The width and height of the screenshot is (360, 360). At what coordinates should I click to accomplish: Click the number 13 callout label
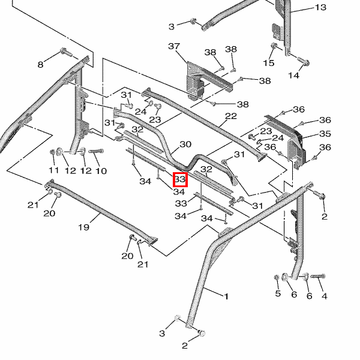(x=320, y=8)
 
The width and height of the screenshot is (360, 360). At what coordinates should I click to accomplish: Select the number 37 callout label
(x=174, y=46)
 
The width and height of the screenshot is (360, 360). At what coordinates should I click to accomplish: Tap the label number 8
(x=41, y=64)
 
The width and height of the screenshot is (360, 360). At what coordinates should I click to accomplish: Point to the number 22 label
(x=231, y=116)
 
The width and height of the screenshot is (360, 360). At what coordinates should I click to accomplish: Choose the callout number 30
(x=185, y=145)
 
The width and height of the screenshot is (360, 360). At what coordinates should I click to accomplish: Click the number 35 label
(x=325, y=134)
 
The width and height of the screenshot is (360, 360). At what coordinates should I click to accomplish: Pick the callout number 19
(x=83, y=227)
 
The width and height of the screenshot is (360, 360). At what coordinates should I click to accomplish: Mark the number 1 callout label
(x=226, y=296)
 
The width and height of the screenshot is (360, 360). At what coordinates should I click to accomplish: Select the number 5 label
(x=278, y=293)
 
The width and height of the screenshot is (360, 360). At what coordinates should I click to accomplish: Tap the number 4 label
(x=324, y=296)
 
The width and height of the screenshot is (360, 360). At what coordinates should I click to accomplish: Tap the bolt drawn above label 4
(x=317, y=276)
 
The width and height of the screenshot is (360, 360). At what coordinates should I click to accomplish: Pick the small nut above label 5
(x=277, y=277)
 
